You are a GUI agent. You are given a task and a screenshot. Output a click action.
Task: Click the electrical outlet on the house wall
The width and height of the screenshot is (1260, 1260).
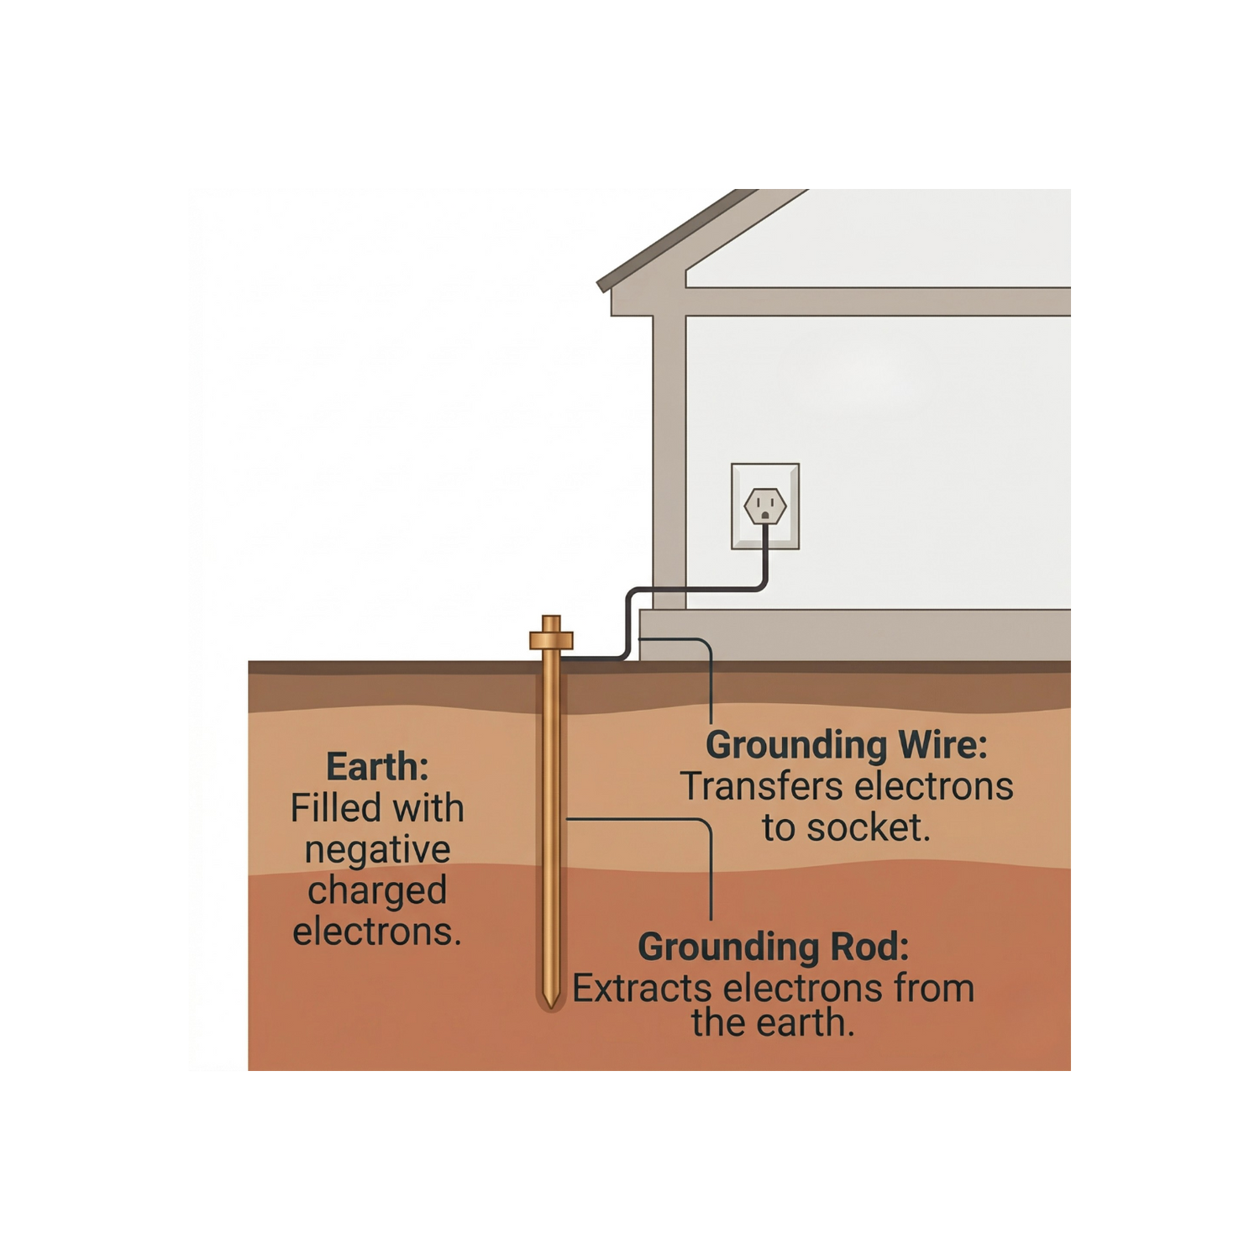764,507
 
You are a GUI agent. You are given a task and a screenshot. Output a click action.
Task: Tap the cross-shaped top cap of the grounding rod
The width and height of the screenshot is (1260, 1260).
550,637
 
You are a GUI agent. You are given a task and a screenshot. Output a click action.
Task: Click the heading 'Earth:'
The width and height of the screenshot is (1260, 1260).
377,767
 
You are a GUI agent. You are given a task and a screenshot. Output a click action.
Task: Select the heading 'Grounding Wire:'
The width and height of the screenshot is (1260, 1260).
846,745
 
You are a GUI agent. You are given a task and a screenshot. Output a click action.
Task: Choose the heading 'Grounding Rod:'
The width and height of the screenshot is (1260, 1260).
774,948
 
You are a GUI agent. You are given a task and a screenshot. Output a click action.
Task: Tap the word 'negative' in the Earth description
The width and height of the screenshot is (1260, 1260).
377,850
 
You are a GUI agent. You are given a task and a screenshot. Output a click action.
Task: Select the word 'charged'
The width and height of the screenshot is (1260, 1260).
377,890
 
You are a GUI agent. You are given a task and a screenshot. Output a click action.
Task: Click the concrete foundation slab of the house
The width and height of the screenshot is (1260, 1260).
857,636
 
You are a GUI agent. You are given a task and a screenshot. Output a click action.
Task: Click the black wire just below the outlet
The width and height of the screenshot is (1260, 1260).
765,559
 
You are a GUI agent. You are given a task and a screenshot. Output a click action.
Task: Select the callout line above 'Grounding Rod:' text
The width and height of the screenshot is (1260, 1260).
711,865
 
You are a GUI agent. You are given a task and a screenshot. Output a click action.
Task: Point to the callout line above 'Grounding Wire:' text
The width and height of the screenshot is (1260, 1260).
711,680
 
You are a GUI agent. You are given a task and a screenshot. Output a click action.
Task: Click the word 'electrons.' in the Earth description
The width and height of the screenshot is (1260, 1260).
377,932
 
